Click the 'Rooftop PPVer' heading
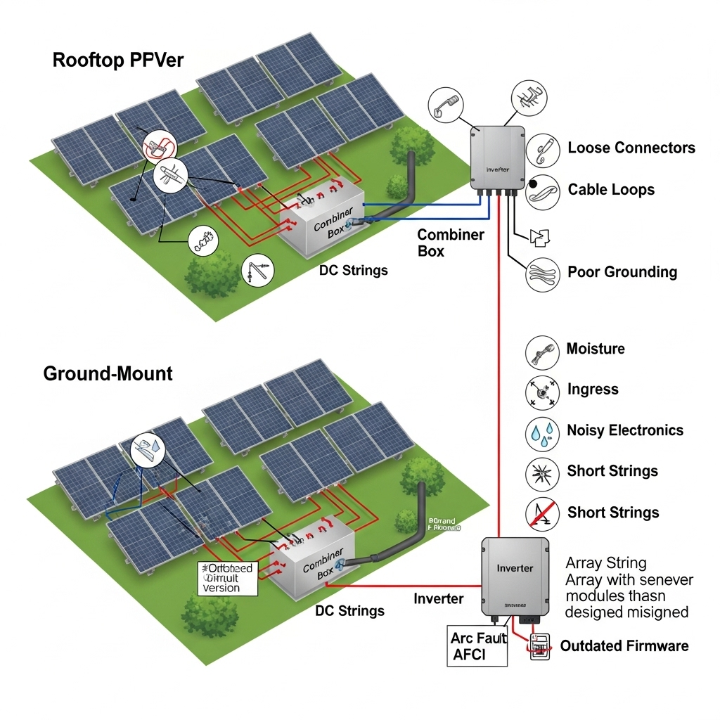click(117, 60)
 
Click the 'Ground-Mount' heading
click(108, 373)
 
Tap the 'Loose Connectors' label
click(631, 148)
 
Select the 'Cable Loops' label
click(610, 189)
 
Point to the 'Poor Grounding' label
click(622, 272)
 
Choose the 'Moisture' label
click(595, 349)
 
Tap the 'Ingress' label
click(592, 390)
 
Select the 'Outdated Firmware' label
click(624, 645)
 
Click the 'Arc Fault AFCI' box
click(477, 646)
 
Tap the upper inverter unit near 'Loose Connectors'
click(497, 158)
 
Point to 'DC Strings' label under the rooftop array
click(353, 270)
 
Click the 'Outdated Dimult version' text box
click(227, 578)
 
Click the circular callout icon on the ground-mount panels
click(146, 446)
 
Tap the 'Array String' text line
click(605, 563)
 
